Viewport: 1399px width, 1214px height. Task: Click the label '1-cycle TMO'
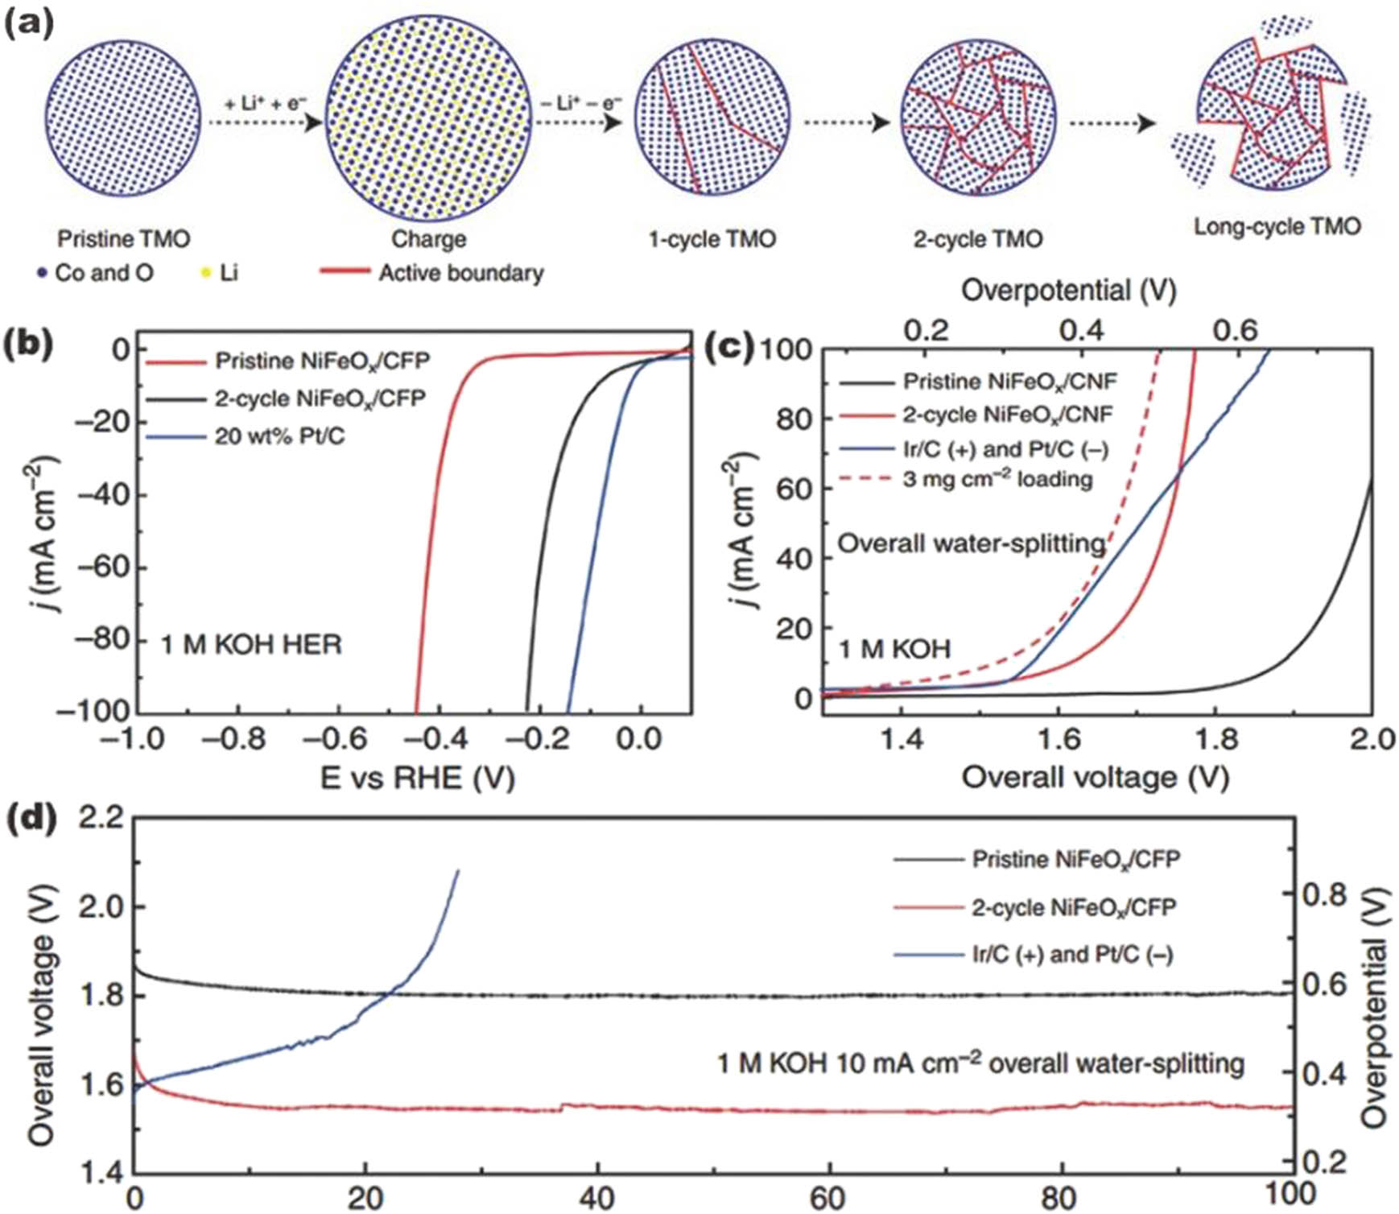click(712, 239)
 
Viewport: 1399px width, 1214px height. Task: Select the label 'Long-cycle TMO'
click(1277, 227)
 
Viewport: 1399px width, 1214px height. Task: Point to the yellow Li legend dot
click(206, 274)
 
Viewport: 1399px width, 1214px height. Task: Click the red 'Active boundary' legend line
click(345, 271)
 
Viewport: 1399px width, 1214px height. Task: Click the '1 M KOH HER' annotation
click(251, 645)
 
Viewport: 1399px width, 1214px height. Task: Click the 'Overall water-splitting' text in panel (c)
click(971, 544)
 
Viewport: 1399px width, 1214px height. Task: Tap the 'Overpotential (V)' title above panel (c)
click(1068, 291)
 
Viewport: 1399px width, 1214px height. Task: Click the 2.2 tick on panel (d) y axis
click(101, 818)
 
